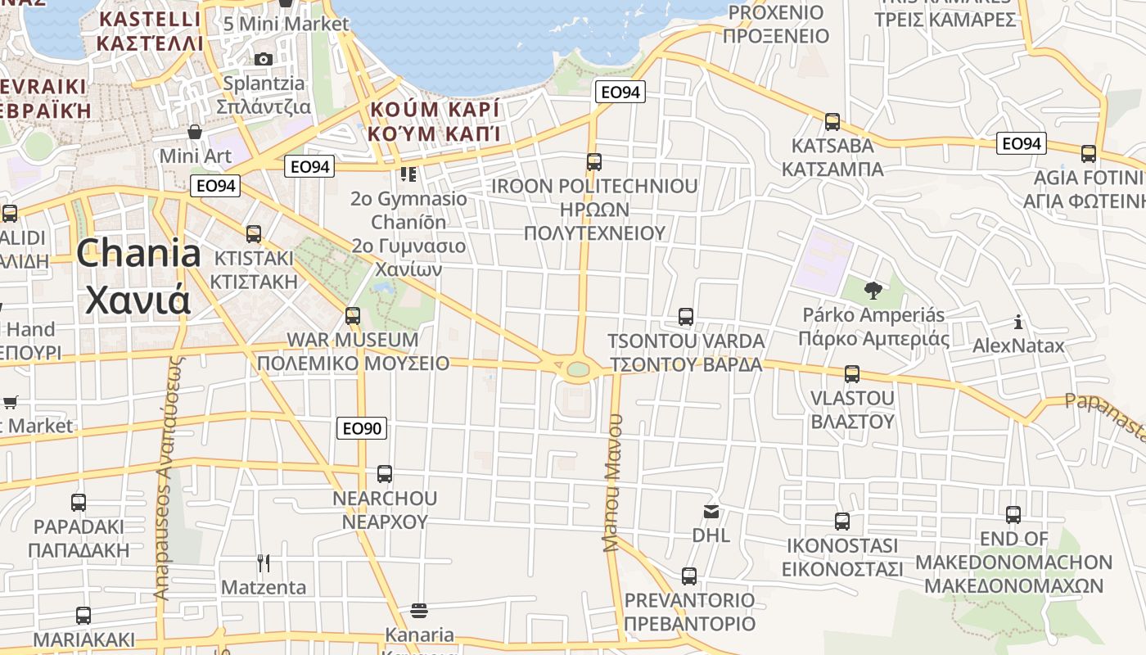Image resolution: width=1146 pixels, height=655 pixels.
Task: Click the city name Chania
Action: click(138, 254)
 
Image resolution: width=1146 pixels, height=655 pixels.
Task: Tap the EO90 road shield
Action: click(362, 428)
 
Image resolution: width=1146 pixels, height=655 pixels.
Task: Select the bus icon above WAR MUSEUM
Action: click(353, 315)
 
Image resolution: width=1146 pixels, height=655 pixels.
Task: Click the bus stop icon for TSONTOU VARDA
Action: click(686, 317)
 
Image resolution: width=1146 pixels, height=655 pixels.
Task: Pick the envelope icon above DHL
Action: click(711, 512)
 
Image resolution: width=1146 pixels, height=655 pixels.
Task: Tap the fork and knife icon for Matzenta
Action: click(264, 563)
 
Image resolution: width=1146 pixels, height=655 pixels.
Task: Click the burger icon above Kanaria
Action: click(419, 611)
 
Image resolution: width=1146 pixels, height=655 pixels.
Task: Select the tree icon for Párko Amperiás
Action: click(873, 290)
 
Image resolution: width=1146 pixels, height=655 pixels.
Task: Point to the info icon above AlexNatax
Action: click(1018, 322)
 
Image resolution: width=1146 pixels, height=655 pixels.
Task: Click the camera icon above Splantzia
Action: click(264, 59)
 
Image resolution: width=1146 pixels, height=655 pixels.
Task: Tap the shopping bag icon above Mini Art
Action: click(195, 131)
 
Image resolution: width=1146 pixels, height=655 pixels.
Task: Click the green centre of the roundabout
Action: click(578, 369)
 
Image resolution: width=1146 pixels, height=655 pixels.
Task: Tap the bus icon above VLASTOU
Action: click(852, 374)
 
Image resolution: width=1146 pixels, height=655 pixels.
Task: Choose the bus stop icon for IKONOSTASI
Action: click(842, 522)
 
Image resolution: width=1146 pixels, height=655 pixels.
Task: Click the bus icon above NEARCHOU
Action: click(385, 474)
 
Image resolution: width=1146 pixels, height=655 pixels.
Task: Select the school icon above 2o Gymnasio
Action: click(408, 174)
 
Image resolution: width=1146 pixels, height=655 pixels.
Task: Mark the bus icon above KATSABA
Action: click(832, 122)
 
